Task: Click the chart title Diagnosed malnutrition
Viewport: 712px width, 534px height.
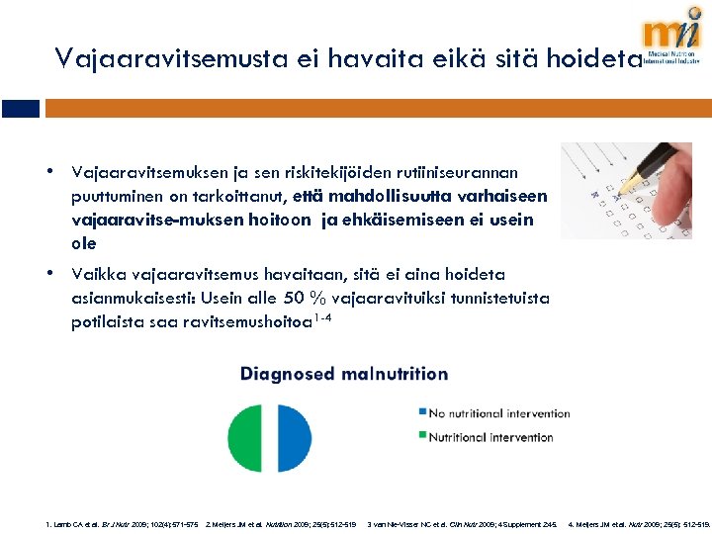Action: pyautogui.click(x=343, y=374)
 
